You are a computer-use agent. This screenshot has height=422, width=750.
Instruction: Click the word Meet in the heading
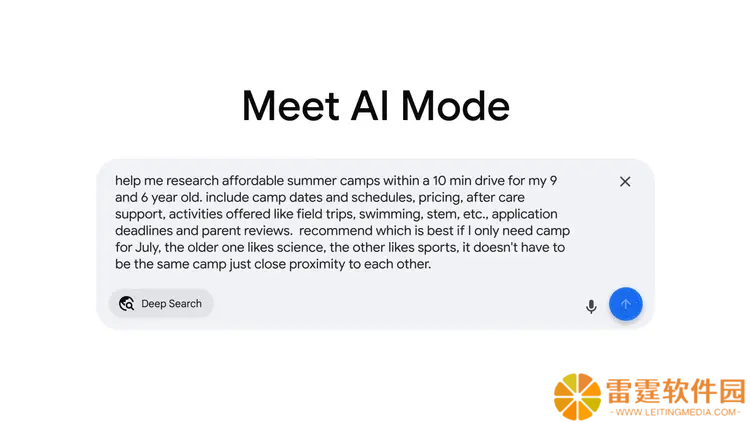pyautogui.click(x=291, y=106)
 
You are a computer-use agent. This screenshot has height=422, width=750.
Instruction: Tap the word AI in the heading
pyautogui.click(x=370, y=106)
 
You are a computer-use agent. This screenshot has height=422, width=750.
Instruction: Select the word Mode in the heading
pyautogui.click(x=455, y=106)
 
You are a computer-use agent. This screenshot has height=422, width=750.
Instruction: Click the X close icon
pyautogui.click(x=625, y=182)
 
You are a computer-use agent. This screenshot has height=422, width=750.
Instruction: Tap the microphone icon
pyautogui.click(x=591, y=306)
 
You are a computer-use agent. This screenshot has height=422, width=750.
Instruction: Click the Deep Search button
pyautogui.click(x=161, y=303)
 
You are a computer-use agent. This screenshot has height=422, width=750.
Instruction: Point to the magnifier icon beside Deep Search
pyautogui.click(x=127, y=303)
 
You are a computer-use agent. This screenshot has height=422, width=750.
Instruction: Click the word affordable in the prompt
pyautogui.click(x=253, y=181)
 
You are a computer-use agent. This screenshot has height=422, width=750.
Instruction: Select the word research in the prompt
pyautogui.click(x=192, y=181)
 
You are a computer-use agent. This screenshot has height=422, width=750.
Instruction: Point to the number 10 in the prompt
pyautogui.click(x=439, y=181)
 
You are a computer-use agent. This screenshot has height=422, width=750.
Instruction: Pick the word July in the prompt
pyautogui.click(x=147, y=248)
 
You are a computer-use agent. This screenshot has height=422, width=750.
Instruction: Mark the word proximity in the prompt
pyautogui.click(x=317, y=265)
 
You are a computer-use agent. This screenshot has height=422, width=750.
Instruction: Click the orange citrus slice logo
pyautogui.click(x=577, y=397)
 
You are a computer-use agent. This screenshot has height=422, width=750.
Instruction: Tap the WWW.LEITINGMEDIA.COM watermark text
pyautogui.click(x=676, y=412)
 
